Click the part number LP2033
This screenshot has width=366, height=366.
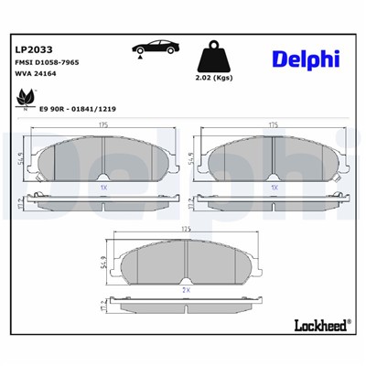33,49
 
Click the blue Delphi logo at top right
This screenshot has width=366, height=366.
306,59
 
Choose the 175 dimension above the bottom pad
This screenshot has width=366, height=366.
187,230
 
